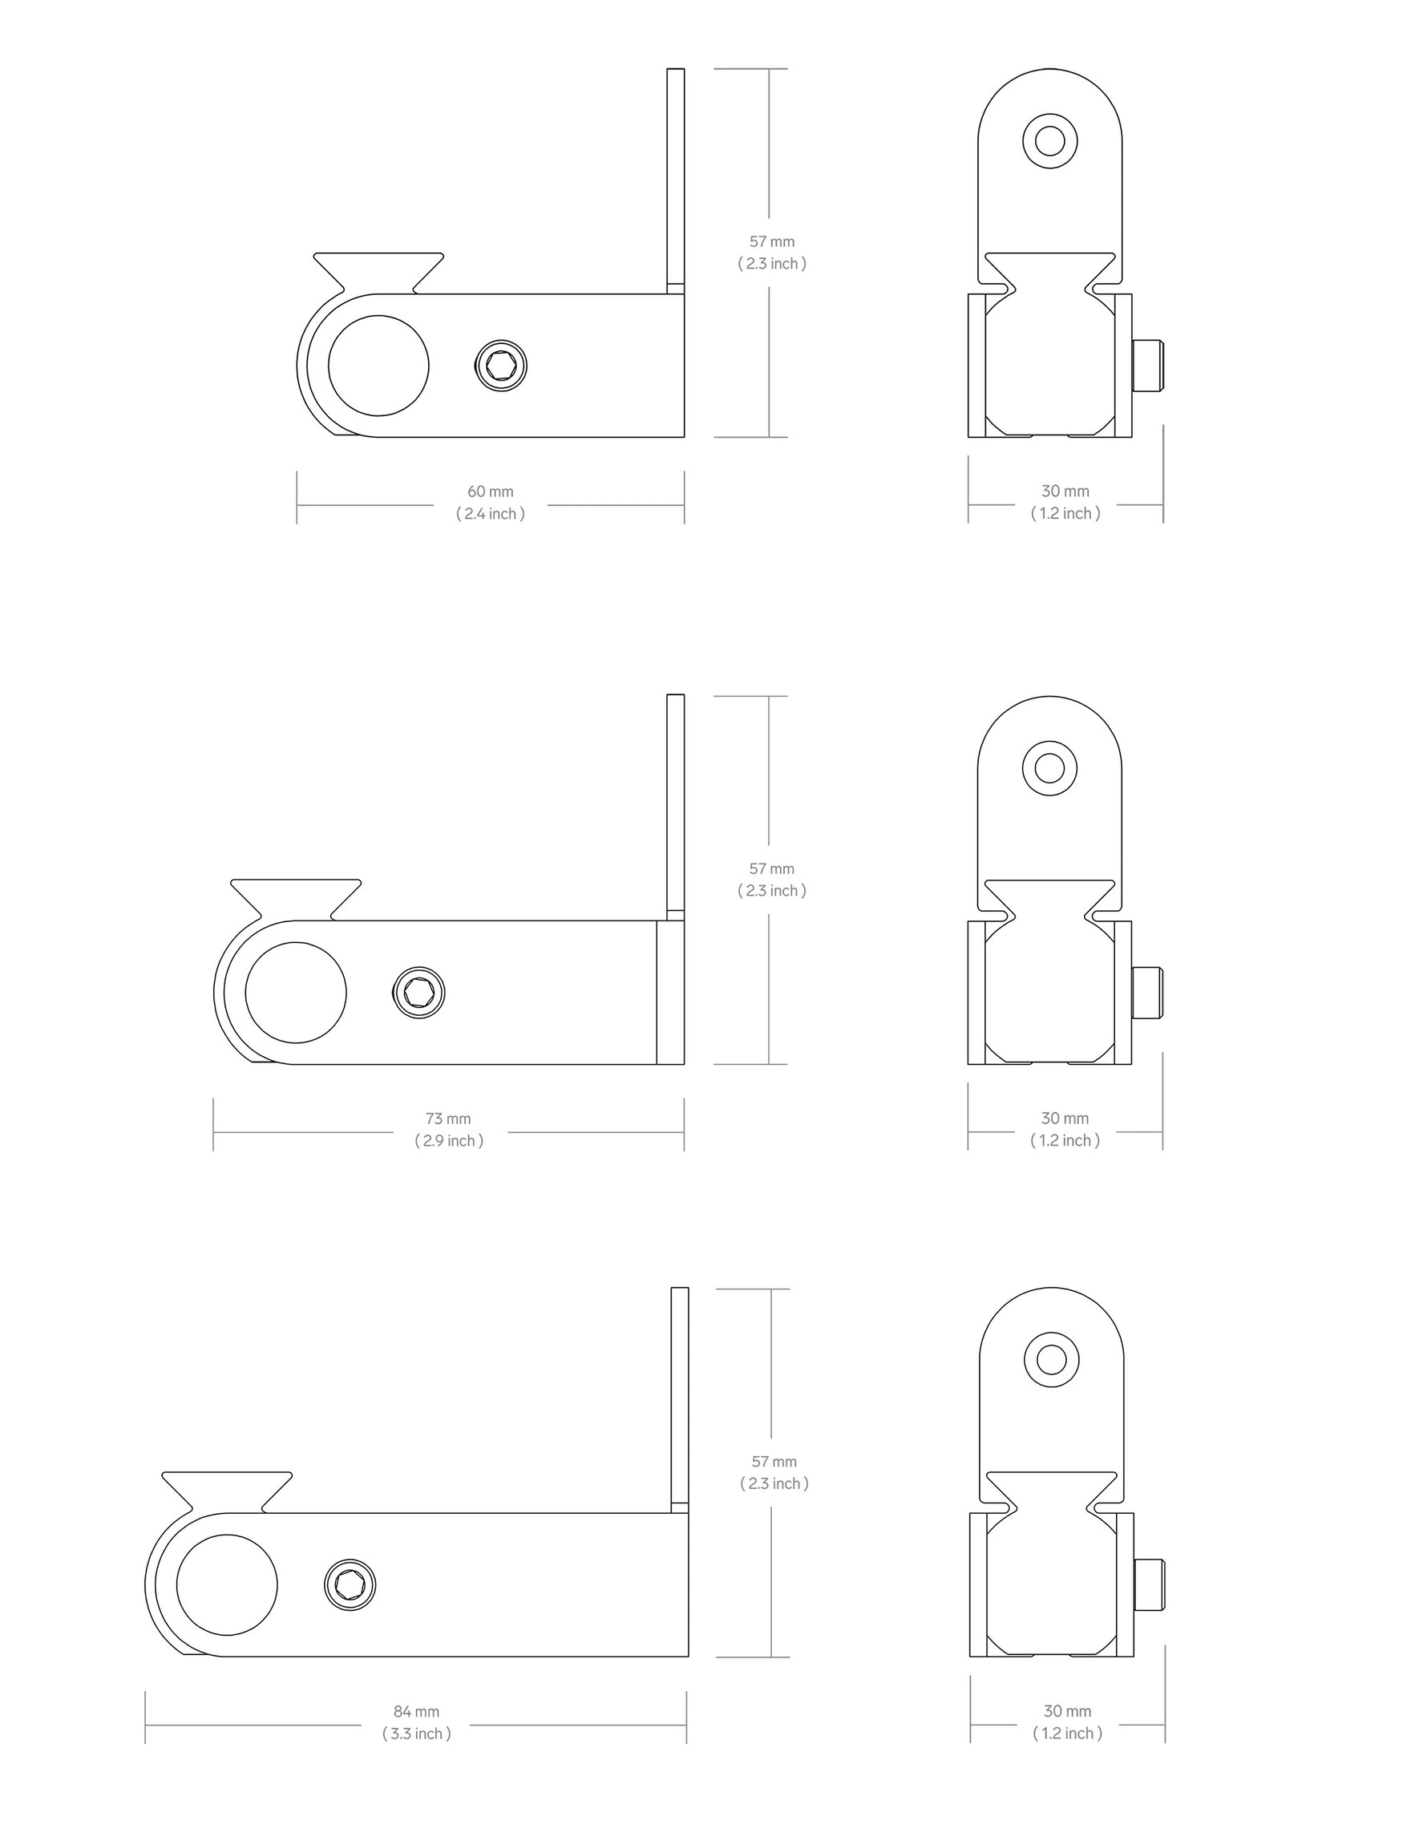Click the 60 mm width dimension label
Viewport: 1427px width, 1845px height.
coord(490,492)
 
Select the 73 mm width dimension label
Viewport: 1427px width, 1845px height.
coord(448,1119)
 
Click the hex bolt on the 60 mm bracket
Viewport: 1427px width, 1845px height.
coord(501,366)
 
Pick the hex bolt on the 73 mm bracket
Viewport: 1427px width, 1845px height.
coord(419,992)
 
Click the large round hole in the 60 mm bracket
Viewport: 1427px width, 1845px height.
coord(378,366)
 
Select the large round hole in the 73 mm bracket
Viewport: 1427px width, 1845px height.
coord(296,993)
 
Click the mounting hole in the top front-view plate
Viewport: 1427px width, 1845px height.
coord(1049,140)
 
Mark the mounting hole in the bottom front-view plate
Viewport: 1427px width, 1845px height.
coord(1051,1360)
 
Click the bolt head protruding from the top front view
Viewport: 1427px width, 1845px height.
coord(1147,366)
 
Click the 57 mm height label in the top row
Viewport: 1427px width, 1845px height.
coord(771,241)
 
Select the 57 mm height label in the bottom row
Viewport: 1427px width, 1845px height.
coord(774,1462)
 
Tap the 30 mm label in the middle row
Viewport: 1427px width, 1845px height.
coord(1065,1119)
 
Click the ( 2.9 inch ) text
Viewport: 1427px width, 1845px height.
coord(449,1140)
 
